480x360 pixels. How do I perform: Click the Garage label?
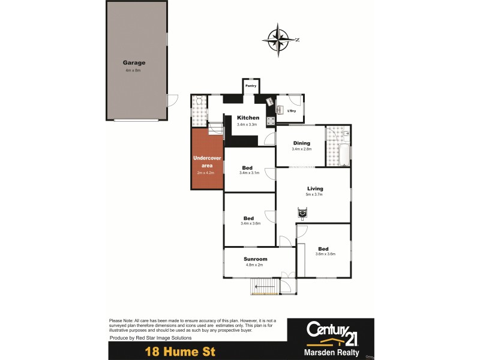coord(134,62)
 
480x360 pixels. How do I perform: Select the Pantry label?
coord(251,86)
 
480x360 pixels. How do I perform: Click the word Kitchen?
coord(248,118)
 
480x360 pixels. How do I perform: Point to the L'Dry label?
coord(292,111)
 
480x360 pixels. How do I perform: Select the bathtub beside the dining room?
coord(344,155)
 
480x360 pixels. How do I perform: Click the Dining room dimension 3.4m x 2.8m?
coord(301,149)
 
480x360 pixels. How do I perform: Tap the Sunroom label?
coord(256,259)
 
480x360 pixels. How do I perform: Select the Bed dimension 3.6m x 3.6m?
coord(325,254)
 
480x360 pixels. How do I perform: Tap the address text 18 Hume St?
coord(179,351)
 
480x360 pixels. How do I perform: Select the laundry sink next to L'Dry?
coord(280,109)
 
